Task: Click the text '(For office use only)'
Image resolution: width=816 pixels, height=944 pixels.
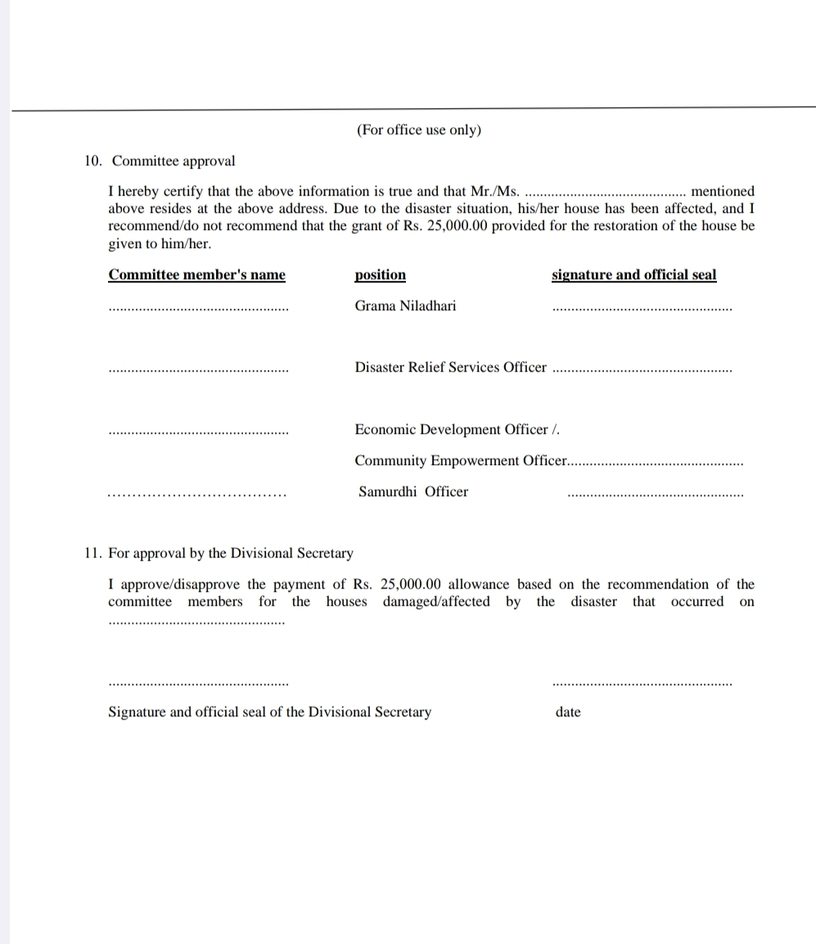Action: pos(418,130)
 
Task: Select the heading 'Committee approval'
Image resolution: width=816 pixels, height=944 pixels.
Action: pos(174,160)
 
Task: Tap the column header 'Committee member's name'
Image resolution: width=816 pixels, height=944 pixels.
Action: pos(196,275)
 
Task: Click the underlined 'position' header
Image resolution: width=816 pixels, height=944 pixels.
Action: pos(380,275)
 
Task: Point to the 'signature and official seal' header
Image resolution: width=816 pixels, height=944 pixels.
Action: pos(633,275)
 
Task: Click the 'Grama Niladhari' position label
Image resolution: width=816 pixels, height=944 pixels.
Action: pos(405,306)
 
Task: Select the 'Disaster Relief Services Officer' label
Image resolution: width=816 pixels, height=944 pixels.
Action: pos(450,368)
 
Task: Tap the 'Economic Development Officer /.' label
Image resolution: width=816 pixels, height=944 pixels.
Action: pos(457,430)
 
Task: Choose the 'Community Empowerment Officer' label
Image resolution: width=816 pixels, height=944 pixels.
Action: pos(460,461)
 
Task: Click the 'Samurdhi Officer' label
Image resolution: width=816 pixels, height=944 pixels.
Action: pos(413,492)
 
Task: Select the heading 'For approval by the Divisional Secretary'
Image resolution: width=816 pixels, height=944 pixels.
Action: pos(231,553)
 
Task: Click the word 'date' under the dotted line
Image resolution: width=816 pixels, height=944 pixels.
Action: pos(568,712)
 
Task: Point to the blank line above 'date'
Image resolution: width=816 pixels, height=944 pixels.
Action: pos(642,684)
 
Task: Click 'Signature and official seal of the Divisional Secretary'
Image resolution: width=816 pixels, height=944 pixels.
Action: pos(269,712)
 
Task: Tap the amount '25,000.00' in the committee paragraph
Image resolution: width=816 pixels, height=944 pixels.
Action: pos(458,226)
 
